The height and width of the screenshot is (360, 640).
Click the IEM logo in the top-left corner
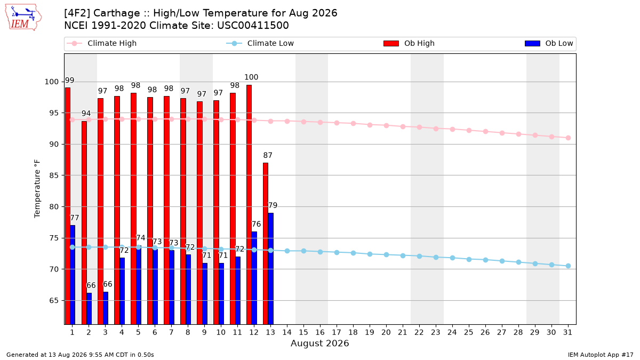click(x=23, y=18)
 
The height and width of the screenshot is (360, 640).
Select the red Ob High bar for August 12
click(x=249, y=205)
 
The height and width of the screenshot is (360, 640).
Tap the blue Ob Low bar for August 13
click(x=270, y=269)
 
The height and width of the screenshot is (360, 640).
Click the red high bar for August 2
click(x=84, y=222)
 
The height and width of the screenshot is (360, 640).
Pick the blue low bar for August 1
click(x=73, y=275)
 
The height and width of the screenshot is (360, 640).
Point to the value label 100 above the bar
click(x=251, y=77)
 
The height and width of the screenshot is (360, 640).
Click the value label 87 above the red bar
click(x=268, y=155)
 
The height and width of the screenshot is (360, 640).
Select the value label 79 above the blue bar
click(x=273, y=205)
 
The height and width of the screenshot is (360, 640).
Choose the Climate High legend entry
click(x=101, y=43)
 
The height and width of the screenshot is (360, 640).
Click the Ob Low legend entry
click(x=549, y=43)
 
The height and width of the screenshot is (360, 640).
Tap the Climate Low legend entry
click(x=260, y=43)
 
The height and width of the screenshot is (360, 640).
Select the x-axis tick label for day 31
click(x=567, y=332)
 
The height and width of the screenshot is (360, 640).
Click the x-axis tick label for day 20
click(x=386, y=332)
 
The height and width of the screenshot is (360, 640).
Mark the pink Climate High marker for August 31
click(x=568, y=138)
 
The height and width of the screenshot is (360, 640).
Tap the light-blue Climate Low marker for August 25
click(x=469, y=259)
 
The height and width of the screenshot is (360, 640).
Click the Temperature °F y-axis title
click(x=37, y=189)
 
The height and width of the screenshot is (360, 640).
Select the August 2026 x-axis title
click(x=319, y=343)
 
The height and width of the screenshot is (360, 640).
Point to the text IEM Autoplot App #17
click(x=601, y=355)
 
